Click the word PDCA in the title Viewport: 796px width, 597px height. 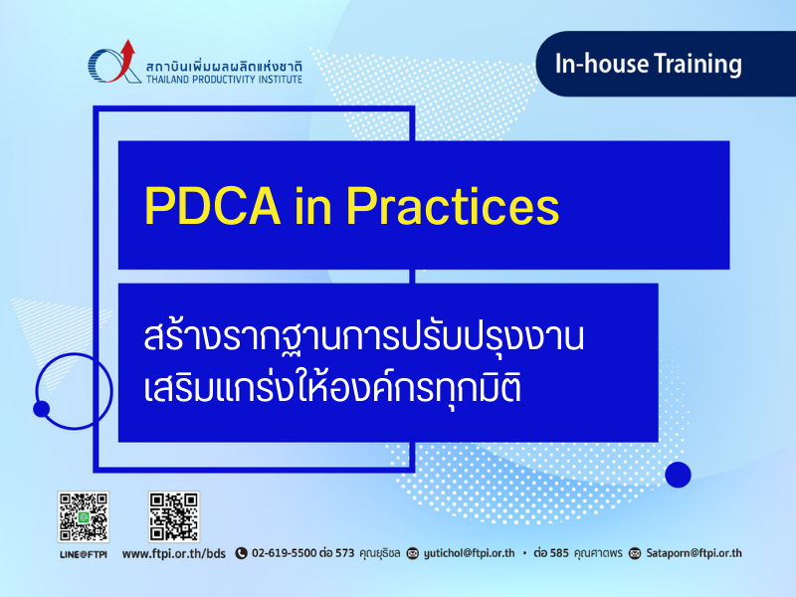[x=212, y=206]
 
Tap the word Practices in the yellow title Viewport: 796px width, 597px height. [x=453, y=206]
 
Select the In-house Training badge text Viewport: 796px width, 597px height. [x=649, y=64]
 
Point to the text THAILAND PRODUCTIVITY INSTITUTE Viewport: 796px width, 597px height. [x=224, y=80]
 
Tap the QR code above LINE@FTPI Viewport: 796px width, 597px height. [x=84, y=516]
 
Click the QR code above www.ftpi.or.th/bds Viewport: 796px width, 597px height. [x=173, y=516]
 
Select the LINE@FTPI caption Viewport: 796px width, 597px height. [x=84, y=554]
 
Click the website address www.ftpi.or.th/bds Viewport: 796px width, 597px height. [x=173, y=553]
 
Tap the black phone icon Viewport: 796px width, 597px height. [x=241, y=553]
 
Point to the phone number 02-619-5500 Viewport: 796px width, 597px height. [x=285, y=553]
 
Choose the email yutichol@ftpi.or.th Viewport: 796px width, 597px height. [x=469, y=553]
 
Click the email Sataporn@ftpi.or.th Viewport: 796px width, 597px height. [x=694, y=553]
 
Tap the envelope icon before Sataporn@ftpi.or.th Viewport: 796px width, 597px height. [x=635, y=553]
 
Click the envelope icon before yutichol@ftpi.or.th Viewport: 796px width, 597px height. [x=413, y=553]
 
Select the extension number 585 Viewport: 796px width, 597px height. [x=559, y=553]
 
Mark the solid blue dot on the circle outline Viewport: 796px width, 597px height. [x=41, y=409]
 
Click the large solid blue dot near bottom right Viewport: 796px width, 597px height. [x=678, y=475]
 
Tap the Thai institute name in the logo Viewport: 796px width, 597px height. [x=224, y=66]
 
